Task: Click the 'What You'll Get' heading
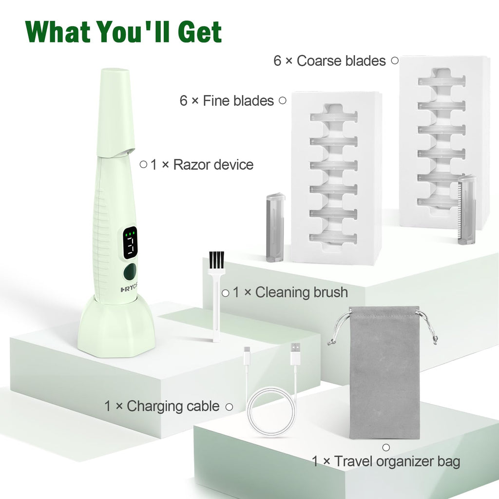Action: click(123, 32)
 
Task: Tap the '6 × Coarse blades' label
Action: click(330, 61)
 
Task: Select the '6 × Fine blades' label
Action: click(227, 101)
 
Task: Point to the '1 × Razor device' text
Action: click(202, 165)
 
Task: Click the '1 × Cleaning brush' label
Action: click(290, 292)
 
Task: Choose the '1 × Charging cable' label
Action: click(162, 406)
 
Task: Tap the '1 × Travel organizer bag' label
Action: click(386, 461)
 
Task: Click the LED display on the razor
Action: click(130, 243)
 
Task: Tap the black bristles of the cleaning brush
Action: click(216, 261)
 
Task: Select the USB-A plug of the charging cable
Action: click(295, 354)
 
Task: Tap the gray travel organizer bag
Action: click(384, 373)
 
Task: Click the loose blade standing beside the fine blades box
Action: click(275, 227)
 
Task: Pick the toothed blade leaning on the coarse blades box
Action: click(467, 209)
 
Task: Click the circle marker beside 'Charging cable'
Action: click(229, 407)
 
